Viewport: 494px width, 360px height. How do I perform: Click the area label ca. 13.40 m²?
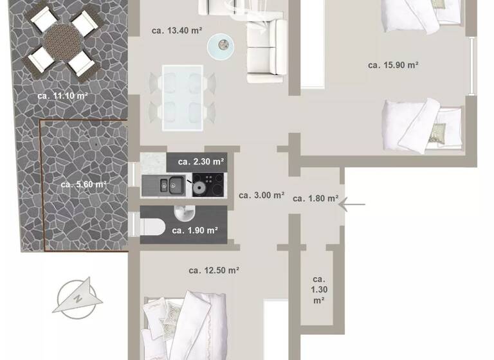point(178,30)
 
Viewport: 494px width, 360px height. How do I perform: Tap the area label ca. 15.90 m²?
point(394,65)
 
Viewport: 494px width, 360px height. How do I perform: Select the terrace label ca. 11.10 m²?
point(62,96)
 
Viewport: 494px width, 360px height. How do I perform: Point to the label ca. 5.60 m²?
point(84,184)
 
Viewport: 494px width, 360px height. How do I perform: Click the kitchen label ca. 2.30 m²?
point(201,161)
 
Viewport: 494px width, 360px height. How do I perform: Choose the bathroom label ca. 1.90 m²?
point(194,230)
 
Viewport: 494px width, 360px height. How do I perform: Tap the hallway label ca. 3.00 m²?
point(261,195)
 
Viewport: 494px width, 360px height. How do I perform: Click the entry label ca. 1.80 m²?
point(315,199)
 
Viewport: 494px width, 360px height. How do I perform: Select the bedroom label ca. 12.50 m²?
point(214,271)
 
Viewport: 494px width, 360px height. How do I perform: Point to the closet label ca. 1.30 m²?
point(318,289)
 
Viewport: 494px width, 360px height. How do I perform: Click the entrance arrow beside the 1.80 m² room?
point(352,205)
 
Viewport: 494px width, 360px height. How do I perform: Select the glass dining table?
point(183,94)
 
